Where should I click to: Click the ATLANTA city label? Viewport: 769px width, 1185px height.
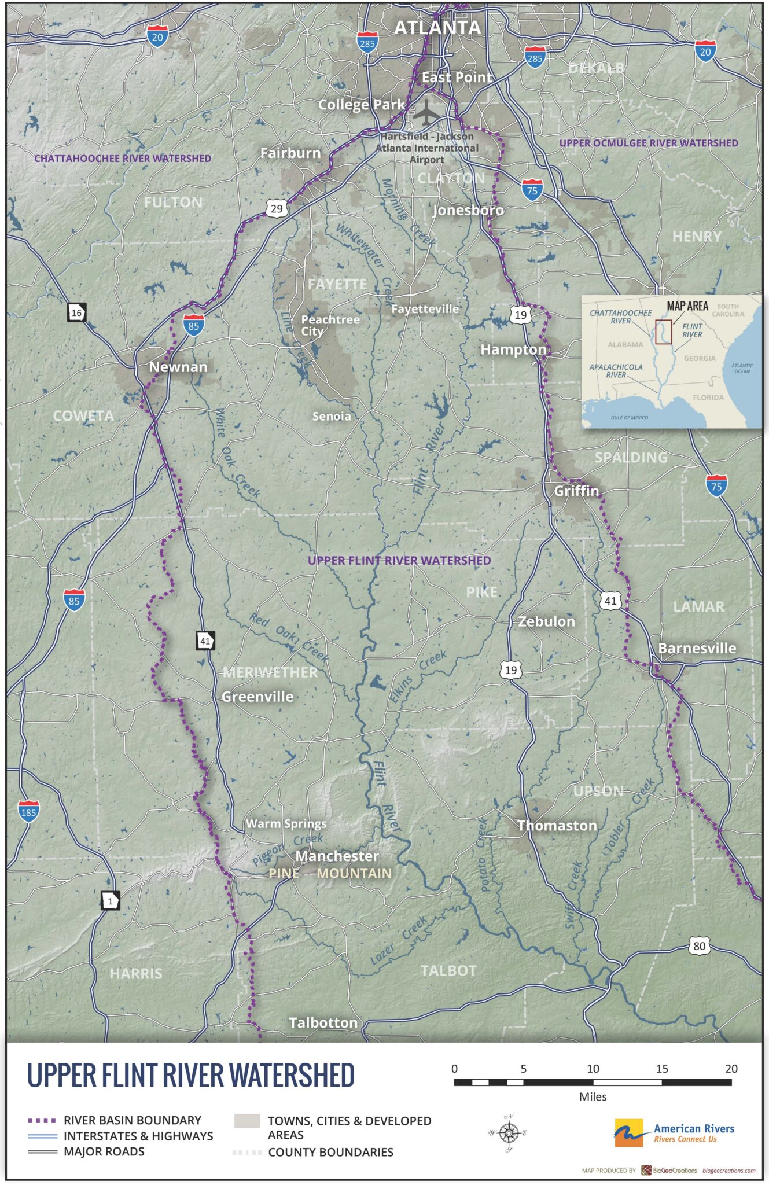point(437,27)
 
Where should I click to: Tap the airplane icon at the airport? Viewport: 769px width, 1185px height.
point(426,112)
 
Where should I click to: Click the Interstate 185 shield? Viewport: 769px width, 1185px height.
point(28,811)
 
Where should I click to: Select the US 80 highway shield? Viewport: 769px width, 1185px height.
point(699,946)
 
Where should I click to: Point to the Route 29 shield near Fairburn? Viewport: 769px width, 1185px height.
point(277,208)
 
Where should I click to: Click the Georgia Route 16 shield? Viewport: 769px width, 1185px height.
point(76,313)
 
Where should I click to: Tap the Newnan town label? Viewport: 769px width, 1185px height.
point(178,367)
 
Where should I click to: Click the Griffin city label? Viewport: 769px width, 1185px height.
point(576,491)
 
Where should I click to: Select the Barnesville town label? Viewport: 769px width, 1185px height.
point(697,648)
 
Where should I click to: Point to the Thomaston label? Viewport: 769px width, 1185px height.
point(557,826)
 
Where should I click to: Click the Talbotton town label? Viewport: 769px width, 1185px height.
point(323,1023)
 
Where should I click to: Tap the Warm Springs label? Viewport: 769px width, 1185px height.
point(286,823)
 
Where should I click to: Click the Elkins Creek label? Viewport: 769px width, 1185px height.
point(417,676)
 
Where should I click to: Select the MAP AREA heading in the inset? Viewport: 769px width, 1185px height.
point(687,306)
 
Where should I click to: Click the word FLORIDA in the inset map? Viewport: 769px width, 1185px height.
point(708,398)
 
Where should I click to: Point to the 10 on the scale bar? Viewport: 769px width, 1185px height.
point(593,1069)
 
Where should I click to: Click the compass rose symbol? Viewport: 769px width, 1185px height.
point(509,1133)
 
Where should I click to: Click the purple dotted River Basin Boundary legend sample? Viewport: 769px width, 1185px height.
point(42,1121)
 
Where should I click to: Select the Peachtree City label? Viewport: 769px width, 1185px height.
point(329,325)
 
